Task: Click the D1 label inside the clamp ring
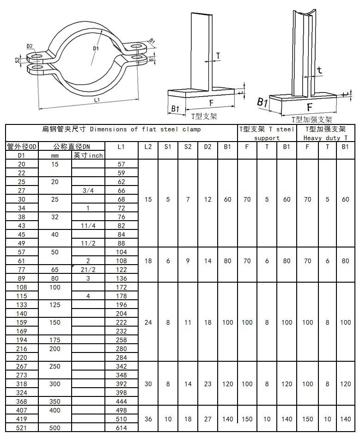point(96,48)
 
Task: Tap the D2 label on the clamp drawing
point(30,46)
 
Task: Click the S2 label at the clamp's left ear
point(17,60)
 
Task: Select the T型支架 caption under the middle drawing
point(204,116)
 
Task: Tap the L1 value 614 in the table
point(122,428)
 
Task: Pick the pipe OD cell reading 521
point(22,428)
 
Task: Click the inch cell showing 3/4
point(88,191)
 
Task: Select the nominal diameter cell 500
point(55,428)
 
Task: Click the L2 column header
point(148,147)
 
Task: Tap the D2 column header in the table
point(208,147)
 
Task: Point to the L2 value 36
point(148,419)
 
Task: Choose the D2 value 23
point(208,384)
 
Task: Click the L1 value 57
point(122,164)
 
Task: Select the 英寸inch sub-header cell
point(88,155)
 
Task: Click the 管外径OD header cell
point(22,147)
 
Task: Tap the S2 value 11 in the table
point(188,322)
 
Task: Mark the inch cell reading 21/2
point(88,270)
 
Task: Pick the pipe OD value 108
point(22,287)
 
